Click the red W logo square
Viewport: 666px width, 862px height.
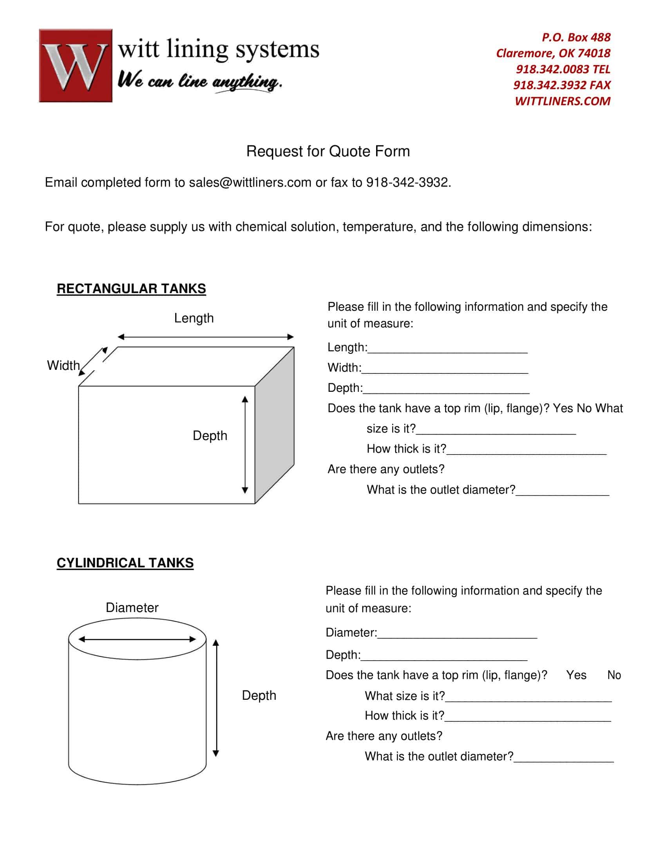(x=75, y=65)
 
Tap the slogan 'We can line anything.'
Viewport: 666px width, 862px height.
(x=200, y=81)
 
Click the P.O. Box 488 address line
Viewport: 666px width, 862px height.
(x=576, y=37)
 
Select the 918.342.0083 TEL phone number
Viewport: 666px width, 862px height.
(x=563, y=69)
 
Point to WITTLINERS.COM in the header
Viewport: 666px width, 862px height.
(x=562, y=101)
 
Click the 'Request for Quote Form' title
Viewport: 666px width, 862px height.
(x=328, y=151)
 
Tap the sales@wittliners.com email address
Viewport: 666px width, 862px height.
(x=250, y=182)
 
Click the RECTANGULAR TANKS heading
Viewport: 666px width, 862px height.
(x=131, y=288)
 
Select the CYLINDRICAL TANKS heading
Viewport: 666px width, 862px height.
(x=125, y=562)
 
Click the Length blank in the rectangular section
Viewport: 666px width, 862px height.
(x=447, y=348)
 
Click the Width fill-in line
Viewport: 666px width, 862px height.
(x=445, y=368)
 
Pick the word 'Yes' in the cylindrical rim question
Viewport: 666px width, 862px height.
(x=576, y=675)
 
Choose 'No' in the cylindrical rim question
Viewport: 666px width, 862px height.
(x=614, y=675)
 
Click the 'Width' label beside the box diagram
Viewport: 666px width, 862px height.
(x=63, y=365)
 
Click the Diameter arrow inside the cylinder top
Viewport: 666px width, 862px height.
(x=137, y=639)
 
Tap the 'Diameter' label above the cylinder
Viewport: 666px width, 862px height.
(x=132, y=607)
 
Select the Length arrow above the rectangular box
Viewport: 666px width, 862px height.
(x=206, y=337)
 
